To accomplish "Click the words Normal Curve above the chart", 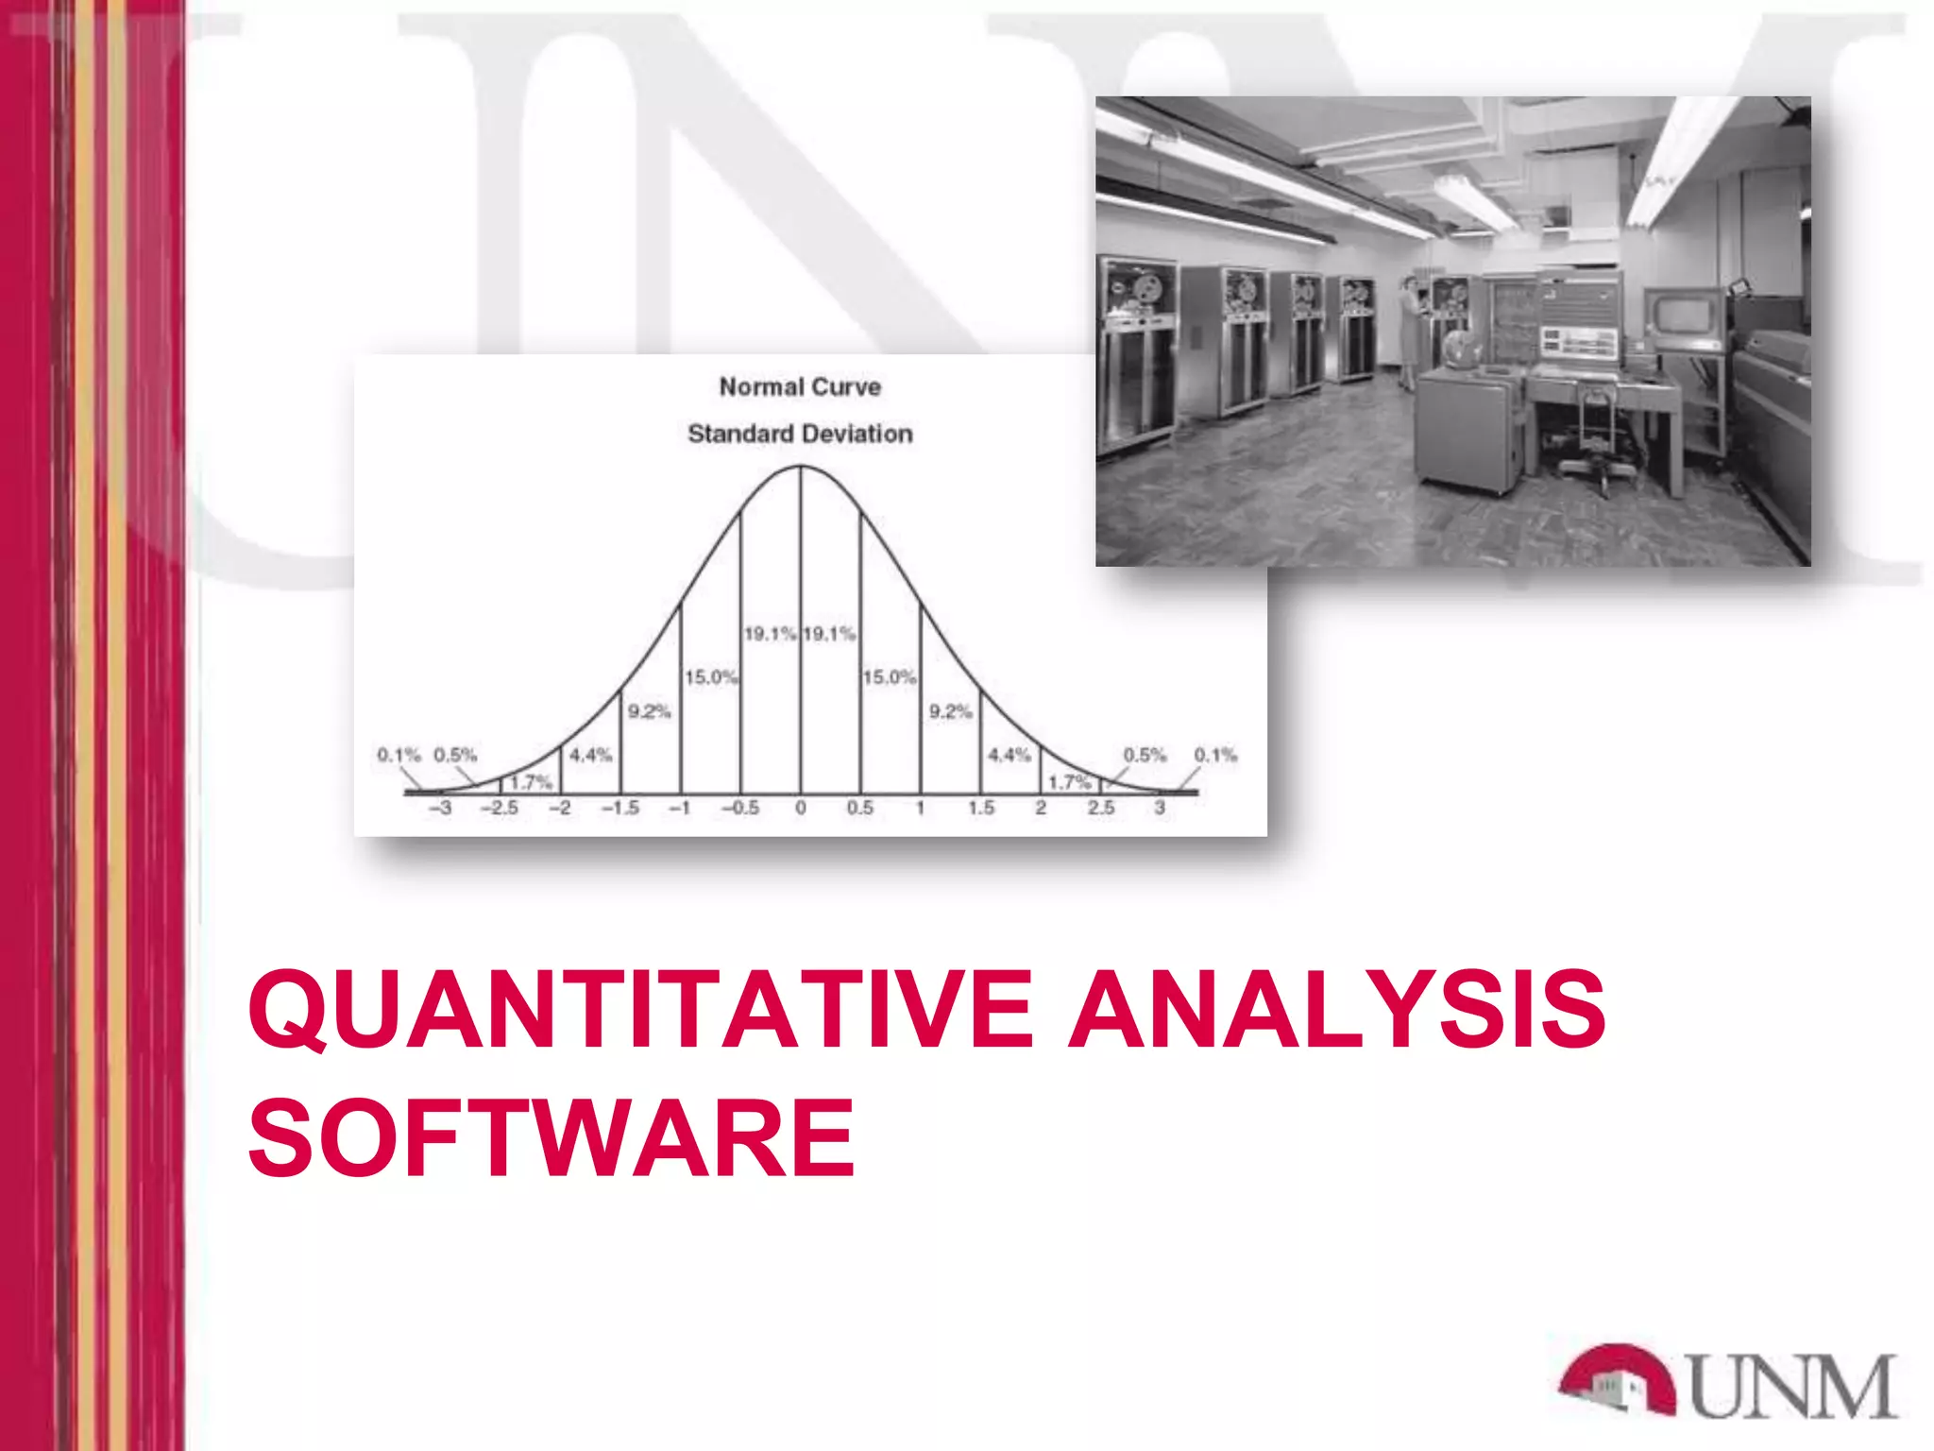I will pyautogui.click(x=800, y=387).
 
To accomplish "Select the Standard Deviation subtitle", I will pyautogui.click(x=800, y=435).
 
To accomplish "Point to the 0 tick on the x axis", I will pyautogui.click(x=801, y=809).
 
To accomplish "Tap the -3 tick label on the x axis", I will pyautogui.click(x=440, y=809).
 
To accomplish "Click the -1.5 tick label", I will pyautogui.click(x=620, y=809).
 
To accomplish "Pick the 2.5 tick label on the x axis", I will pyautogui.click(x=1101, y=809).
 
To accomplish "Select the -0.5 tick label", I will pyautogui.click(x=740, y=809).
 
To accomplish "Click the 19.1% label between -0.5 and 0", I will pyautogui.click(x=770, y=634).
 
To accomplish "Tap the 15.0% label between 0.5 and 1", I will pyautogui.click(x=889, y=677).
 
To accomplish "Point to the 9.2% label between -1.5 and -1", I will pyautogui.click(x=650, y=711).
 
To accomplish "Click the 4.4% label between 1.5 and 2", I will pyautogui.click(x=1009, y=755).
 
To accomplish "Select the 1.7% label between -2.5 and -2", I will pyautogui.click(x=531, y=782).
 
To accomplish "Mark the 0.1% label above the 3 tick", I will pyautogui.click(x=1215, y=755).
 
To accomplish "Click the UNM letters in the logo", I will pyautogui.click(x=1792, y=1387).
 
